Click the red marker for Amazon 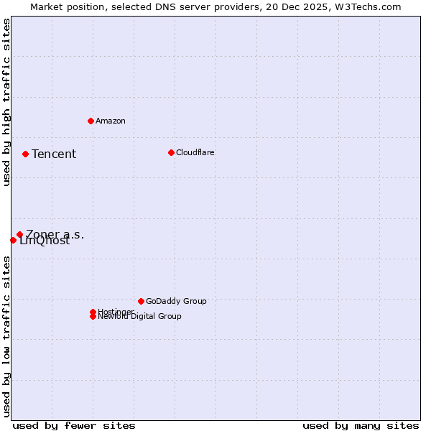(91, 121)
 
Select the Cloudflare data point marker (171, 152)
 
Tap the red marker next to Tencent (25, 154)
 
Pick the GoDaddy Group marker (141, 301)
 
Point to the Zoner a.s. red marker (19, 234)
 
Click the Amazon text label (111, 121)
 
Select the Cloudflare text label (195, 152)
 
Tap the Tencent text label (54, 154)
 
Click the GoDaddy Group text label (176, 301)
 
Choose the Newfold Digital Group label (140, 316)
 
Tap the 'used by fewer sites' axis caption (74, 425)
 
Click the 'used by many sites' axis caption (361, 425)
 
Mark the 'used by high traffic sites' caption (6, 102)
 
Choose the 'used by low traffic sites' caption (6, 336)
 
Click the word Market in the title (47, 6)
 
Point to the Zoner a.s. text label (55, 234)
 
